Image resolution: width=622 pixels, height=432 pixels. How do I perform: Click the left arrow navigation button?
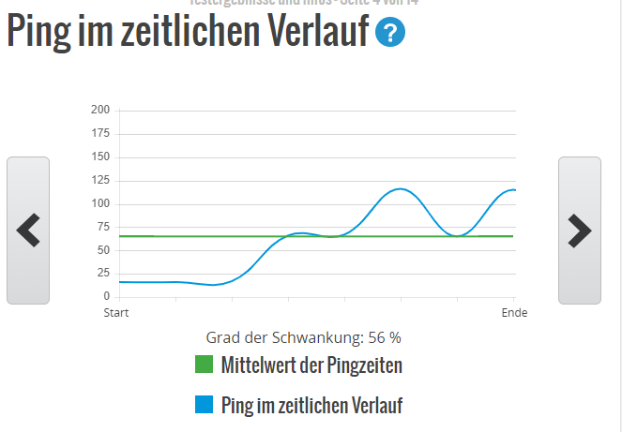click(28, 231)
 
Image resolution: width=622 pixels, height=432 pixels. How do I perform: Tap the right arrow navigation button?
click(579, 231)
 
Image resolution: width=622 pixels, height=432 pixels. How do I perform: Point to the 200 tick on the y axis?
click(100, 111)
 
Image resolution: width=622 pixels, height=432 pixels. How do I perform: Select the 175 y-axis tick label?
click(100, 134)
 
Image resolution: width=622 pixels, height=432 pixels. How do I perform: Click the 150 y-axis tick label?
click(100, 157)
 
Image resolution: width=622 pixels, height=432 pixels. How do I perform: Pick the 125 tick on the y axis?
click(100, 181)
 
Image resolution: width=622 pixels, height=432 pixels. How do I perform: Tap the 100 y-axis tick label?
click(100, 203)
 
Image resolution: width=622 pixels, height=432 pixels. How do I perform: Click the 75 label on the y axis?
click(103, 227)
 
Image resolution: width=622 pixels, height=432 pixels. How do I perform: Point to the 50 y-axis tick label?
click(103, 250)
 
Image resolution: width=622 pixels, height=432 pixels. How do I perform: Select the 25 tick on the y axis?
click(103, 274)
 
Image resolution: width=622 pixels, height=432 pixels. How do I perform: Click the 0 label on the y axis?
click(106, 296)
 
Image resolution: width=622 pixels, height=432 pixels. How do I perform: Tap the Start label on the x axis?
click(116, 312)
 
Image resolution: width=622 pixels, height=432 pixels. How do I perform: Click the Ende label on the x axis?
click(514, 312)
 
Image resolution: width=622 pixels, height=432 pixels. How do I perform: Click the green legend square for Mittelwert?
click(205, 365)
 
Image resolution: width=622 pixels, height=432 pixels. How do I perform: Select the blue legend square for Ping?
click(205, 405)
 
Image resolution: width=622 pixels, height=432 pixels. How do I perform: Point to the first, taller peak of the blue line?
click(401, 189)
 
